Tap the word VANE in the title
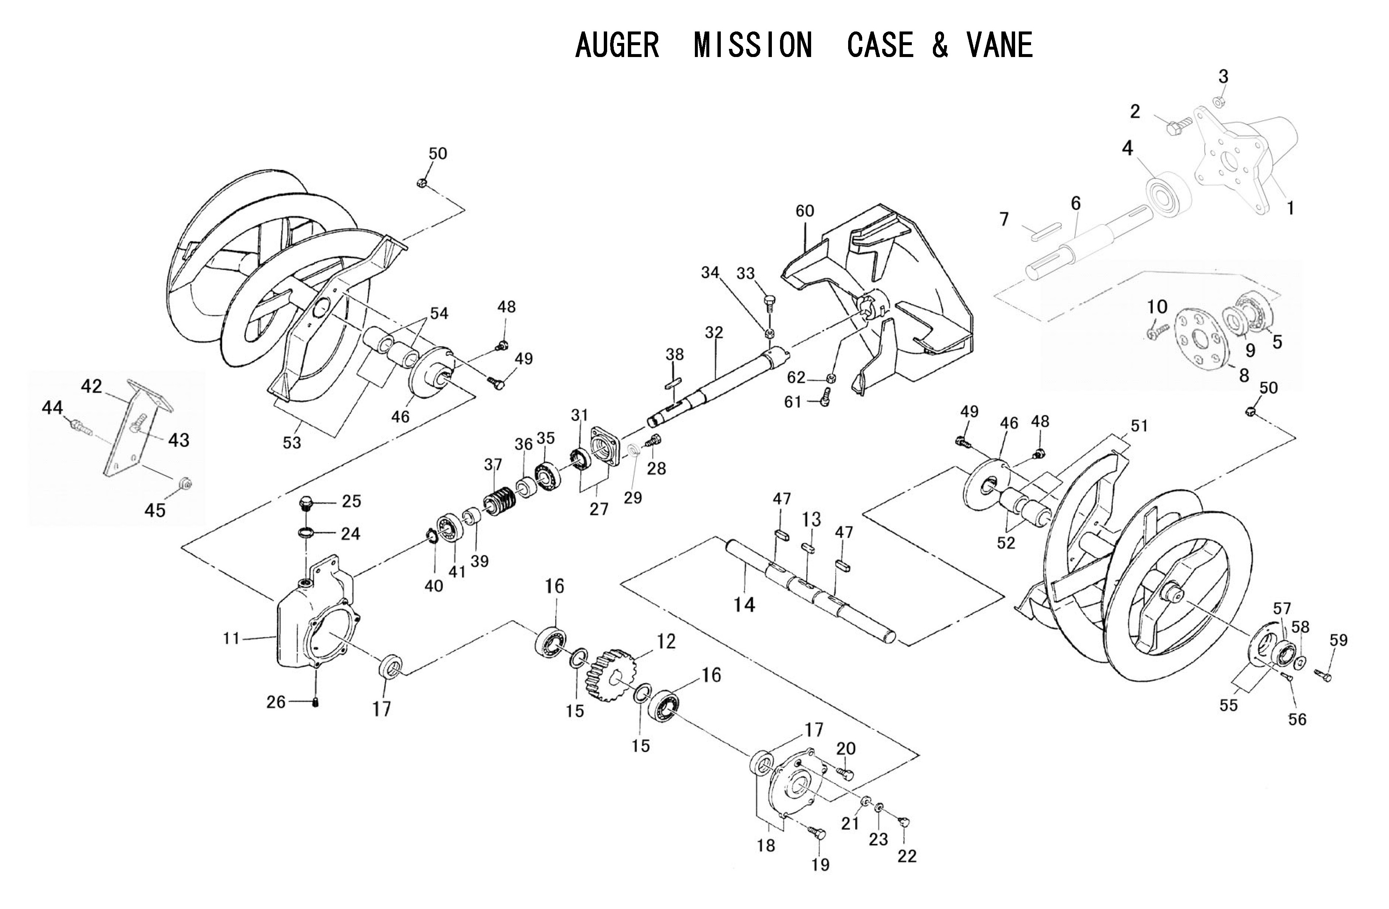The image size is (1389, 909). (1000, 46)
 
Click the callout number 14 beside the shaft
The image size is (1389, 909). (744, 605)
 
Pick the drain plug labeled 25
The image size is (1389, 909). (306, 502)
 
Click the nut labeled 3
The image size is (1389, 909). (1219, 103)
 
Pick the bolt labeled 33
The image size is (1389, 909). (770, 303)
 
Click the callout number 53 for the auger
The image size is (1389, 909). (292, 442)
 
